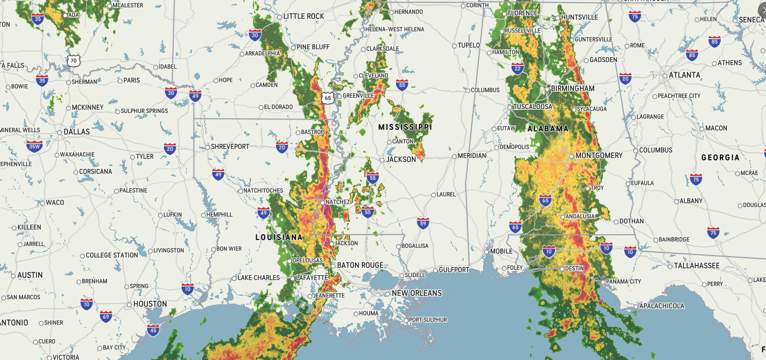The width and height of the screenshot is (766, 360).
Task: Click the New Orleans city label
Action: pyautogui.click(x=417, y=293)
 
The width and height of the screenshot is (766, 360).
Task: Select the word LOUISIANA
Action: pyautogui.click(x=279, y=237)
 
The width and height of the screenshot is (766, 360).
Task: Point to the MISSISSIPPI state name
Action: pyautogui.click(x=405, y=127)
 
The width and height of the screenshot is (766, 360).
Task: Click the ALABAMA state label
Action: pyautogui.click(x=548, y=129)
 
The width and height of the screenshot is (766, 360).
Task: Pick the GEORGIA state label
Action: pyautogui.click(x=720, y=157)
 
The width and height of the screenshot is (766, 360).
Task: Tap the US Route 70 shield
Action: pyautogui.click(x=74, y=61)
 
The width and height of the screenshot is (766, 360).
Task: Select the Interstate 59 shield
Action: pyautogui.click(x=423, y=223)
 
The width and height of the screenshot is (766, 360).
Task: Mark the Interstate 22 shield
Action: pyautogui.click(x=517, y=68)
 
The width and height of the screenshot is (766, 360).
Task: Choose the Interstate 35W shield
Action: pyautogui.click(x=34, y=146)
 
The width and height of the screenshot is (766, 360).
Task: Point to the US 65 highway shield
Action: pyautogui.click(x=328, y=98)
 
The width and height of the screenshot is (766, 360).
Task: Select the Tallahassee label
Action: pyautogui.click(x=695, y=266)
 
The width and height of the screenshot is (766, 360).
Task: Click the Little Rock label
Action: pyautogui.click(x=303, y=17)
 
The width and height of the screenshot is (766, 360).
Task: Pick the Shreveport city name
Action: pyautogui.click(x=230, y=146)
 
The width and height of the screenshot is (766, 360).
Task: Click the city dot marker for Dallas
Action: pyautogui.click(x=60, y=132)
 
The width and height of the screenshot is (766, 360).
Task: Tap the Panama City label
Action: pyautogui.click(x=624, y=282)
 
